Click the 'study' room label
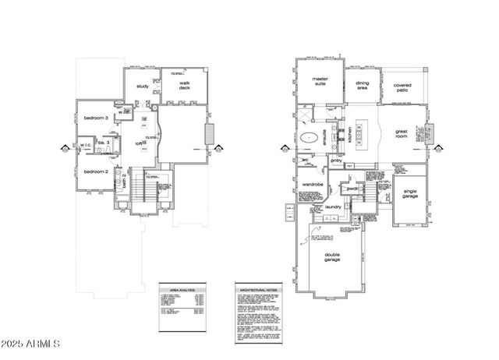[x=143, y=86]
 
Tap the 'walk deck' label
[x=185, y=86]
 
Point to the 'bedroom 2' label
[x=95, y=171]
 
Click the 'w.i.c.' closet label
[x=85, y=144]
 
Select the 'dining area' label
[x=363, y=86]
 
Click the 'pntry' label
[x=336, y=161]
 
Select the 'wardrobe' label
[x=313, y=184]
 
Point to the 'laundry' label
[x=335, y=207]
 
